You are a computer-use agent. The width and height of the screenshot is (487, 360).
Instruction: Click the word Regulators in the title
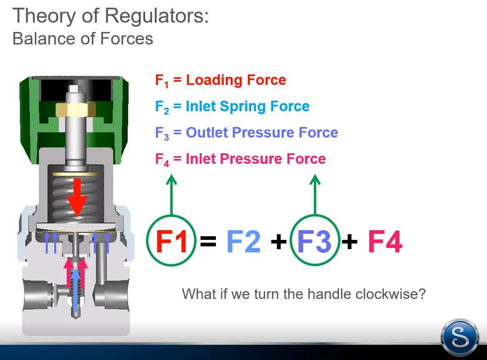(157, 16)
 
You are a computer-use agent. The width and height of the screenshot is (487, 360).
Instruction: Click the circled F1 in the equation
(171, 241)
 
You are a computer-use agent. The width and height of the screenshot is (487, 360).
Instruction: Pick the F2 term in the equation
(243, 241)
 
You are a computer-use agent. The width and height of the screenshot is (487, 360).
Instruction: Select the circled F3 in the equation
(315, 241)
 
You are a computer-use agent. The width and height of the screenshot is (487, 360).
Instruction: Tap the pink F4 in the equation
(385, 241)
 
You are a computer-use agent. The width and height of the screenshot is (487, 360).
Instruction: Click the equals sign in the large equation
(208, 241)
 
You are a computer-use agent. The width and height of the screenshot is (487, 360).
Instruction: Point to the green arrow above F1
(172, 195)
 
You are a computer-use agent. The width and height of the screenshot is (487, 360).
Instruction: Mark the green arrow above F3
(315, 195)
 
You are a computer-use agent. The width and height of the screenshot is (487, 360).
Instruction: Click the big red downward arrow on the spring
(77, 198)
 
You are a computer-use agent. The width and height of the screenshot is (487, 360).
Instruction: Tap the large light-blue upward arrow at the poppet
(76, 290)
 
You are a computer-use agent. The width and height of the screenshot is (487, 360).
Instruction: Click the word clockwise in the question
(391, 294)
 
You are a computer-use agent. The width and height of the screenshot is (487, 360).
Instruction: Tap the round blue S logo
(460, 337)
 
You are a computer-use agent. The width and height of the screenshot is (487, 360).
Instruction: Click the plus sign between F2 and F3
(279, 241)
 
